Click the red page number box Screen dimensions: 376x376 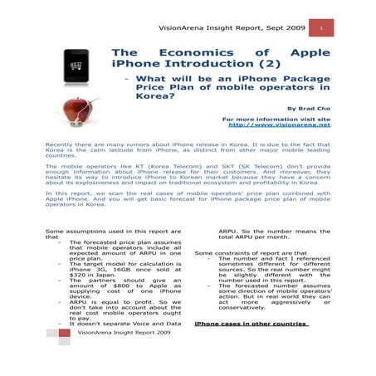point(321,28)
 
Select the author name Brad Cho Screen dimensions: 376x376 point(309,108)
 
